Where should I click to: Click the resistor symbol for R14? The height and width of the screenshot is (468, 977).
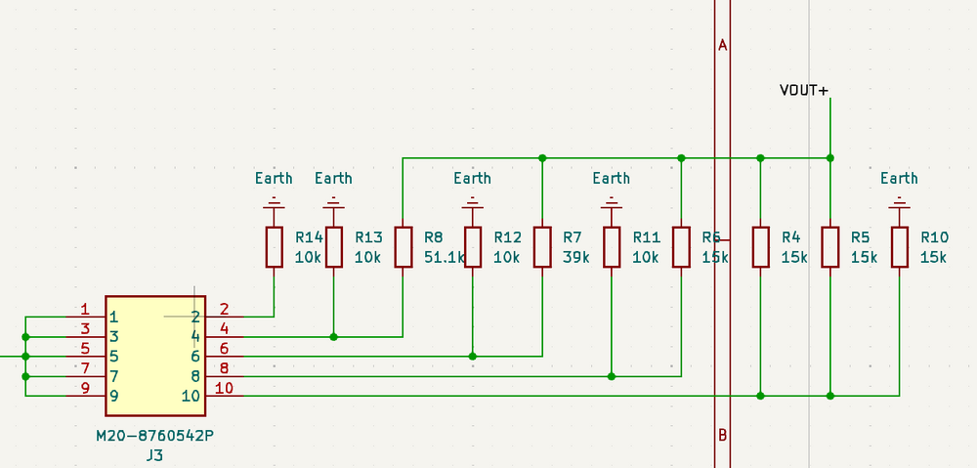tap(274, 246)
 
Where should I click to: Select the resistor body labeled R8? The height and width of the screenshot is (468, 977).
tap(404, 246)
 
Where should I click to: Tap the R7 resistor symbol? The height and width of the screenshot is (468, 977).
tap(542, 246)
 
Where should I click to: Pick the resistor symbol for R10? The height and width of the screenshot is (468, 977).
tap(899, 246)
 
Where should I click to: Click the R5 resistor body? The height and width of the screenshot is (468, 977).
tap(829, 246)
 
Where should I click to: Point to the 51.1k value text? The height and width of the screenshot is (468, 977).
tap(446, 258)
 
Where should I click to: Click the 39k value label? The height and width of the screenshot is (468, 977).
tap(576, 258)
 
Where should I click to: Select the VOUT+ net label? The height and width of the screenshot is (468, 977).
tap(803, 91)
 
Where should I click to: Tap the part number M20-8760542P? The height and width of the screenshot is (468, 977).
tap(154, 436)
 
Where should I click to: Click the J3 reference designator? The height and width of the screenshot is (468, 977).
tap(154, 455)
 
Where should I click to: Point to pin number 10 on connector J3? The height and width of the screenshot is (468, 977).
tap(224, 388)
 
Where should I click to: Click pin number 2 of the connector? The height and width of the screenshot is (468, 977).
tap(224, 309)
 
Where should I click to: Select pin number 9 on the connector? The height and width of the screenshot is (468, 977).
tap(85, 388)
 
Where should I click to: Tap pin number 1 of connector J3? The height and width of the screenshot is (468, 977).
tap(85, 309)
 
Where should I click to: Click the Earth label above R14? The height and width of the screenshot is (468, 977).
tap(274, 178)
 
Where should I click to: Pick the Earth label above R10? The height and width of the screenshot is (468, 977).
tap(899, 178)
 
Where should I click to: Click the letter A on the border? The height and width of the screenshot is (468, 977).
tap(723, 45)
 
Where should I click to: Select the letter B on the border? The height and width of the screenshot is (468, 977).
tap(723, 435)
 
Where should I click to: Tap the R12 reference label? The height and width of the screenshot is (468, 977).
tap(508, 237)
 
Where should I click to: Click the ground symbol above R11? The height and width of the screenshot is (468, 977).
tap(612, 205)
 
